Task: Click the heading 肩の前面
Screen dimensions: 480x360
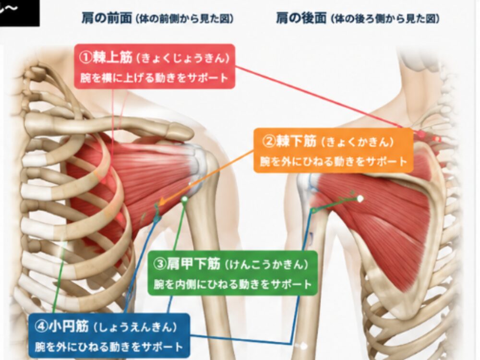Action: [x=107, y=18]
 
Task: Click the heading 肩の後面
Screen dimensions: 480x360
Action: [x=301, y=18]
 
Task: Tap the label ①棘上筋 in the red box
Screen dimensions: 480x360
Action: [x=106, y=57]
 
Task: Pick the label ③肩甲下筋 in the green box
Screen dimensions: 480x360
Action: [x=186, y=264]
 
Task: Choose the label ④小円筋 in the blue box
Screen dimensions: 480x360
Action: [x=61, y=326]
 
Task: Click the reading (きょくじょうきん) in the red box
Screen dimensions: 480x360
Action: [x=183, y=58]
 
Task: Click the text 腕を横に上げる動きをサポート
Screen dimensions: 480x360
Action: [x=155, y=78]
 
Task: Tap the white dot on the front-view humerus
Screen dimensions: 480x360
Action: [x=184, y=199]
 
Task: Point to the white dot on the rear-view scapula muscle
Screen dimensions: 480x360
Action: [x=360, y=199]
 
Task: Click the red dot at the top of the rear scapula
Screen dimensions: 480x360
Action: [x=422, y=134]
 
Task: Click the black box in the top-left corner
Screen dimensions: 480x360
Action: [x=19, y=13]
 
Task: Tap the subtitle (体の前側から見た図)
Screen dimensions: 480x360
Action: [x=185, y=19]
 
